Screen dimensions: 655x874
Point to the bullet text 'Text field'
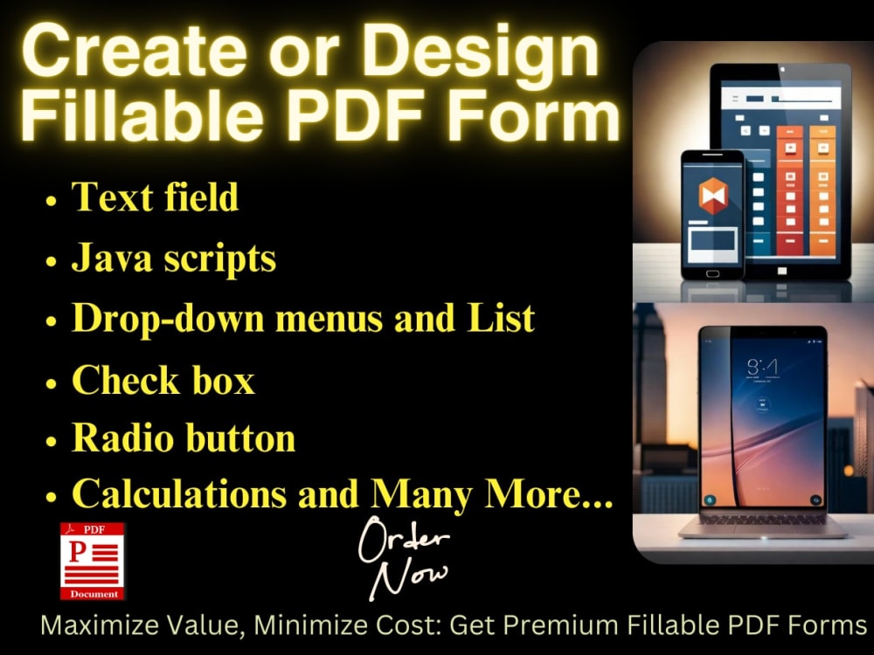tap(155, 196)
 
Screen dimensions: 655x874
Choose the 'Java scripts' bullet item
tap(173, 258)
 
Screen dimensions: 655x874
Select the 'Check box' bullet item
tap(163, 380)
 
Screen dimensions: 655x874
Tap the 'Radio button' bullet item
tap(183, 438)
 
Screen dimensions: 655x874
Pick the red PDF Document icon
tap(92, 561)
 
